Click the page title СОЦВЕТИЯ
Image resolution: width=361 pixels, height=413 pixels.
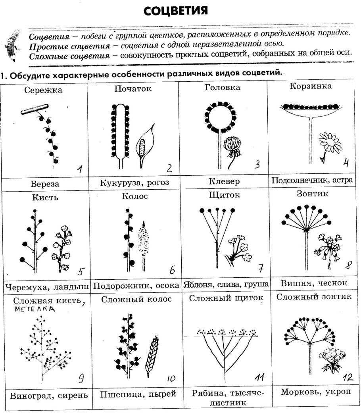click(176, 10)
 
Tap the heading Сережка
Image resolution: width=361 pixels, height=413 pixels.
click(43, 90)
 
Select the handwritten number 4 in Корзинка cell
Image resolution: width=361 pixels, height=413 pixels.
click(346, 162)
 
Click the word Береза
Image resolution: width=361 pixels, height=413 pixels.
click(44, 184)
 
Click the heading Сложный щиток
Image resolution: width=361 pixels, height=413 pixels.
click(226, 298)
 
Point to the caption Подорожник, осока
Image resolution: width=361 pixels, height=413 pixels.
click(135, 286)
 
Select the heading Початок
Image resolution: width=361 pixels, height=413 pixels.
click(133, 88)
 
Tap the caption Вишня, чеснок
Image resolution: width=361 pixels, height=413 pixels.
click(313, 283)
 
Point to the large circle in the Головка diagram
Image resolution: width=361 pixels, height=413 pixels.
click(219, 117)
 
